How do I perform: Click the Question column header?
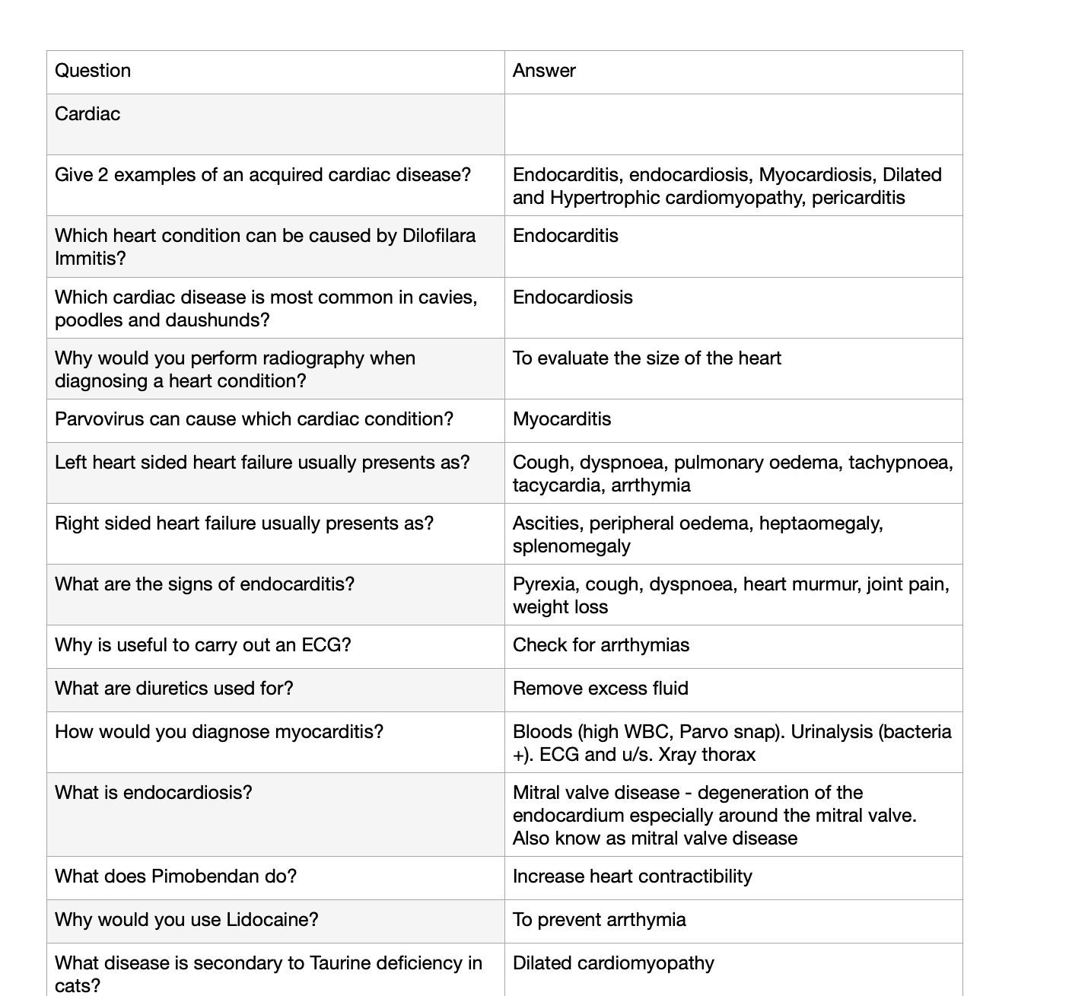point(93,71)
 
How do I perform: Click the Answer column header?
point(544,71)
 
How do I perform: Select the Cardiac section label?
point(87,114)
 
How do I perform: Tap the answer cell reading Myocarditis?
point(562,419)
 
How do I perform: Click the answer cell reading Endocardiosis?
point(572,298)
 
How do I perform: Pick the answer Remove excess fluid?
point(600,689)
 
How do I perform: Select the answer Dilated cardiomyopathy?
point(613,963)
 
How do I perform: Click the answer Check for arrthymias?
point(600,645)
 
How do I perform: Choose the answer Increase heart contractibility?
point(632,877)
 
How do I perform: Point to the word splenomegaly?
point(571,546)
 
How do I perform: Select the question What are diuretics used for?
point(173,689)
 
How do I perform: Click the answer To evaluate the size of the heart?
point(647,358)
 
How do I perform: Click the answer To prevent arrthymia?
point(599,920)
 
